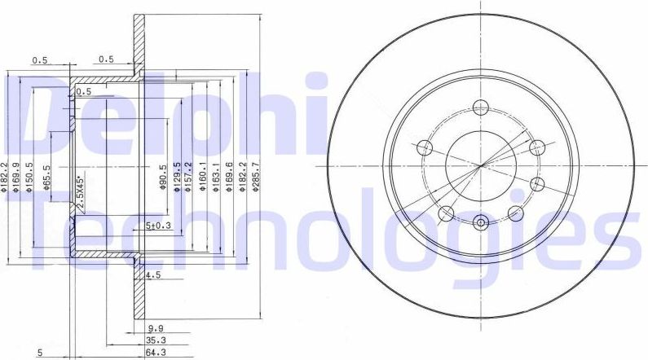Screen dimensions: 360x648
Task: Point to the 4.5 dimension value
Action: [152, 276]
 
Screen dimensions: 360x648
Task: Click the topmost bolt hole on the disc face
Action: [480, 108]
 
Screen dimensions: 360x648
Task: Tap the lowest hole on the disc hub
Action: [480, 222]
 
